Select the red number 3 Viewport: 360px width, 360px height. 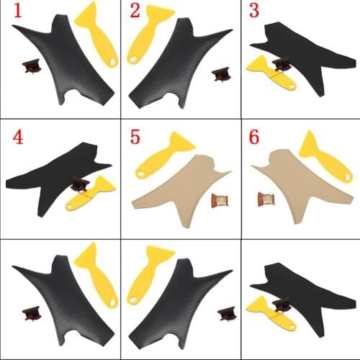253,12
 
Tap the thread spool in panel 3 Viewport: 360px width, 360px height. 282,64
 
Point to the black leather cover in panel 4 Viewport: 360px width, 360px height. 54,169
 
